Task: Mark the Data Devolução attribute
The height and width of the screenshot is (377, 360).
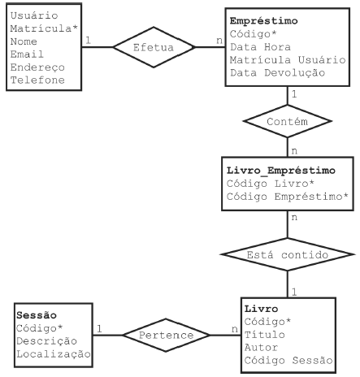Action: (278, 73)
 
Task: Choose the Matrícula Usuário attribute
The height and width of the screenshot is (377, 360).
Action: (288, 60)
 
